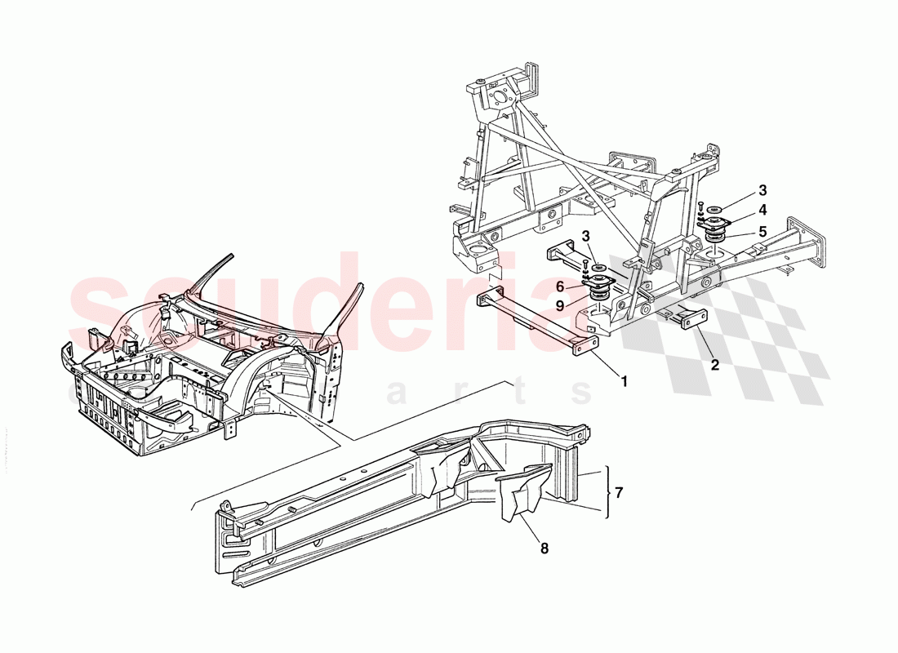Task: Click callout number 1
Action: point(625,381)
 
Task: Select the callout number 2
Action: point(715,365)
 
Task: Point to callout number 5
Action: point(762,231)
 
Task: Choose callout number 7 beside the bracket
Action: point(620,493)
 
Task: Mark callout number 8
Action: point(545,549)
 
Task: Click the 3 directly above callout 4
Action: point(762,190)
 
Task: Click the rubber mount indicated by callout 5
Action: point(716,244)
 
